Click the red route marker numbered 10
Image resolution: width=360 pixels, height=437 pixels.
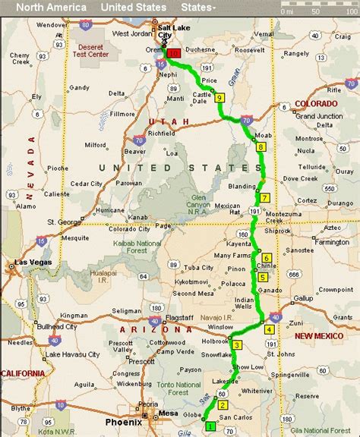(175, 54)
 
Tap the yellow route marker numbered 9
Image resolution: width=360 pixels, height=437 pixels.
(219, 98)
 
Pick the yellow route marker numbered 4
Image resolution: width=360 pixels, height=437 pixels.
(269, 329)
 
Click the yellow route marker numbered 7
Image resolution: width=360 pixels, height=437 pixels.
(264, 197)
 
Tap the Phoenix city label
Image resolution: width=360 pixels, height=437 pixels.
(124, 422)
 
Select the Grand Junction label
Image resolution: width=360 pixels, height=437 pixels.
(316, 116)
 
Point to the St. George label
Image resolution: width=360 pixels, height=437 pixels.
(64, 222)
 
